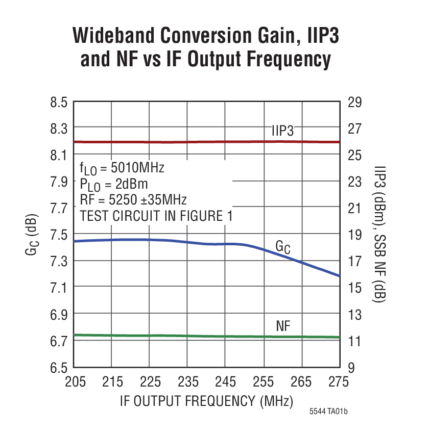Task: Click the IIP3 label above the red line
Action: (282, 131)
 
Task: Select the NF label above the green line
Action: (283, 326)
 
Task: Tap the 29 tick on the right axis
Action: (355, 102)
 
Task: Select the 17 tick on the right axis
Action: (355, 261)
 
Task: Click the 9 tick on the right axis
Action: (352, 367)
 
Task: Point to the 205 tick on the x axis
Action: (75, 382)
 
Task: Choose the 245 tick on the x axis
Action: (225, 382)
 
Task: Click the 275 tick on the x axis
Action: (338, 382)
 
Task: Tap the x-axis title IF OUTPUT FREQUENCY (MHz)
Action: (206, 400)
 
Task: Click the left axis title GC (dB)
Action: (32, 235)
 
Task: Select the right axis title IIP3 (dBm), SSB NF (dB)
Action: (378, 235)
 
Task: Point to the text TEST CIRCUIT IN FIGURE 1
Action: (156, 216)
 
